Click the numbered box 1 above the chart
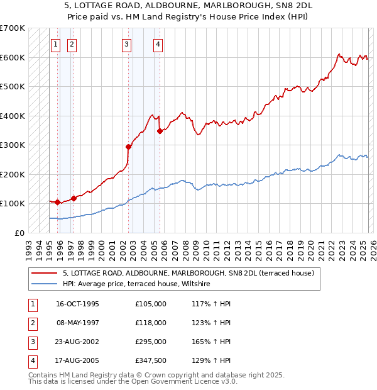pyautogui.click(x=56, y=44)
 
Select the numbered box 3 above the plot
pyautogui.click(x=127, y=44)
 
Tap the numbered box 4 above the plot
pyautogui.click(x=158, y=44)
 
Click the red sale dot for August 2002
pyautogui.click(x=128, y=147)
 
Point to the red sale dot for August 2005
pyautogui.click(x=160, y=131)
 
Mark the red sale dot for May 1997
pyautogui.click(x=74, y=198)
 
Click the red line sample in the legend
pyautogui.click(x=45, y=273)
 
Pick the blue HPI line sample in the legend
pyautogui.click(x=45, y=284)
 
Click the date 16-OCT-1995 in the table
pyautogui.click(x=77, y=304)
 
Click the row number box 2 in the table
pyautogui.click(x=31, y=323)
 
